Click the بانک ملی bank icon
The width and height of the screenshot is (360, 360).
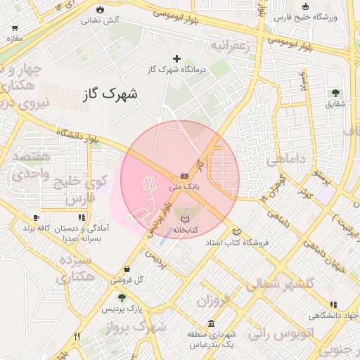click(184, 176)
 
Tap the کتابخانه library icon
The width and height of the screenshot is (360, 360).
click(185, 219)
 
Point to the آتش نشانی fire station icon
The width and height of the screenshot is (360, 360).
click(101, 9)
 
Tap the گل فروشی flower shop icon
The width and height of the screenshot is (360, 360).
click(126, 268)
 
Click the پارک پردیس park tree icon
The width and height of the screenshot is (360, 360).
click(122, 297)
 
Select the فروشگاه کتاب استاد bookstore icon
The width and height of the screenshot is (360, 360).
click(236, 232)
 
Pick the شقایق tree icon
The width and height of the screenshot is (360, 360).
click(335, 92)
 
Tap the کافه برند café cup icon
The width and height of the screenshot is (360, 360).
click(36, 218)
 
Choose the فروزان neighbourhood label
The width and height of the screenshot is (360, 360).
click(213, 303)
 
